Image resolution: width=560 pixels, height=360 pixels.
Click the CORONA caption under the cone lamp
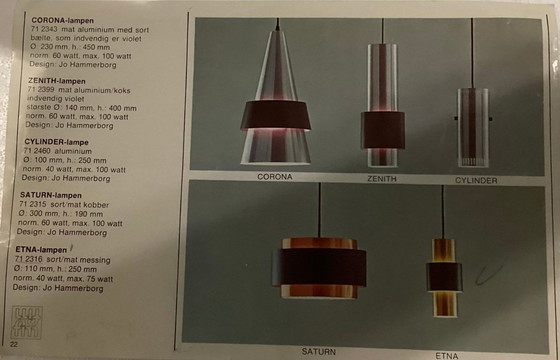coord(274,177)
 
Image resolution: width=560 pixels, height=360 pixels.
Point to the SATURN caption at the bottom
coord(320,351)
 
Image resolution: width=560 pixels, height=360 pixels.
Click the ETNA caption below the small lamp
coord(446,354)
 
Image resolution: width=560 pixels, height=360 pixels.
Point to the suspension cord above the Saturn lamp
coord(319,210)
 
